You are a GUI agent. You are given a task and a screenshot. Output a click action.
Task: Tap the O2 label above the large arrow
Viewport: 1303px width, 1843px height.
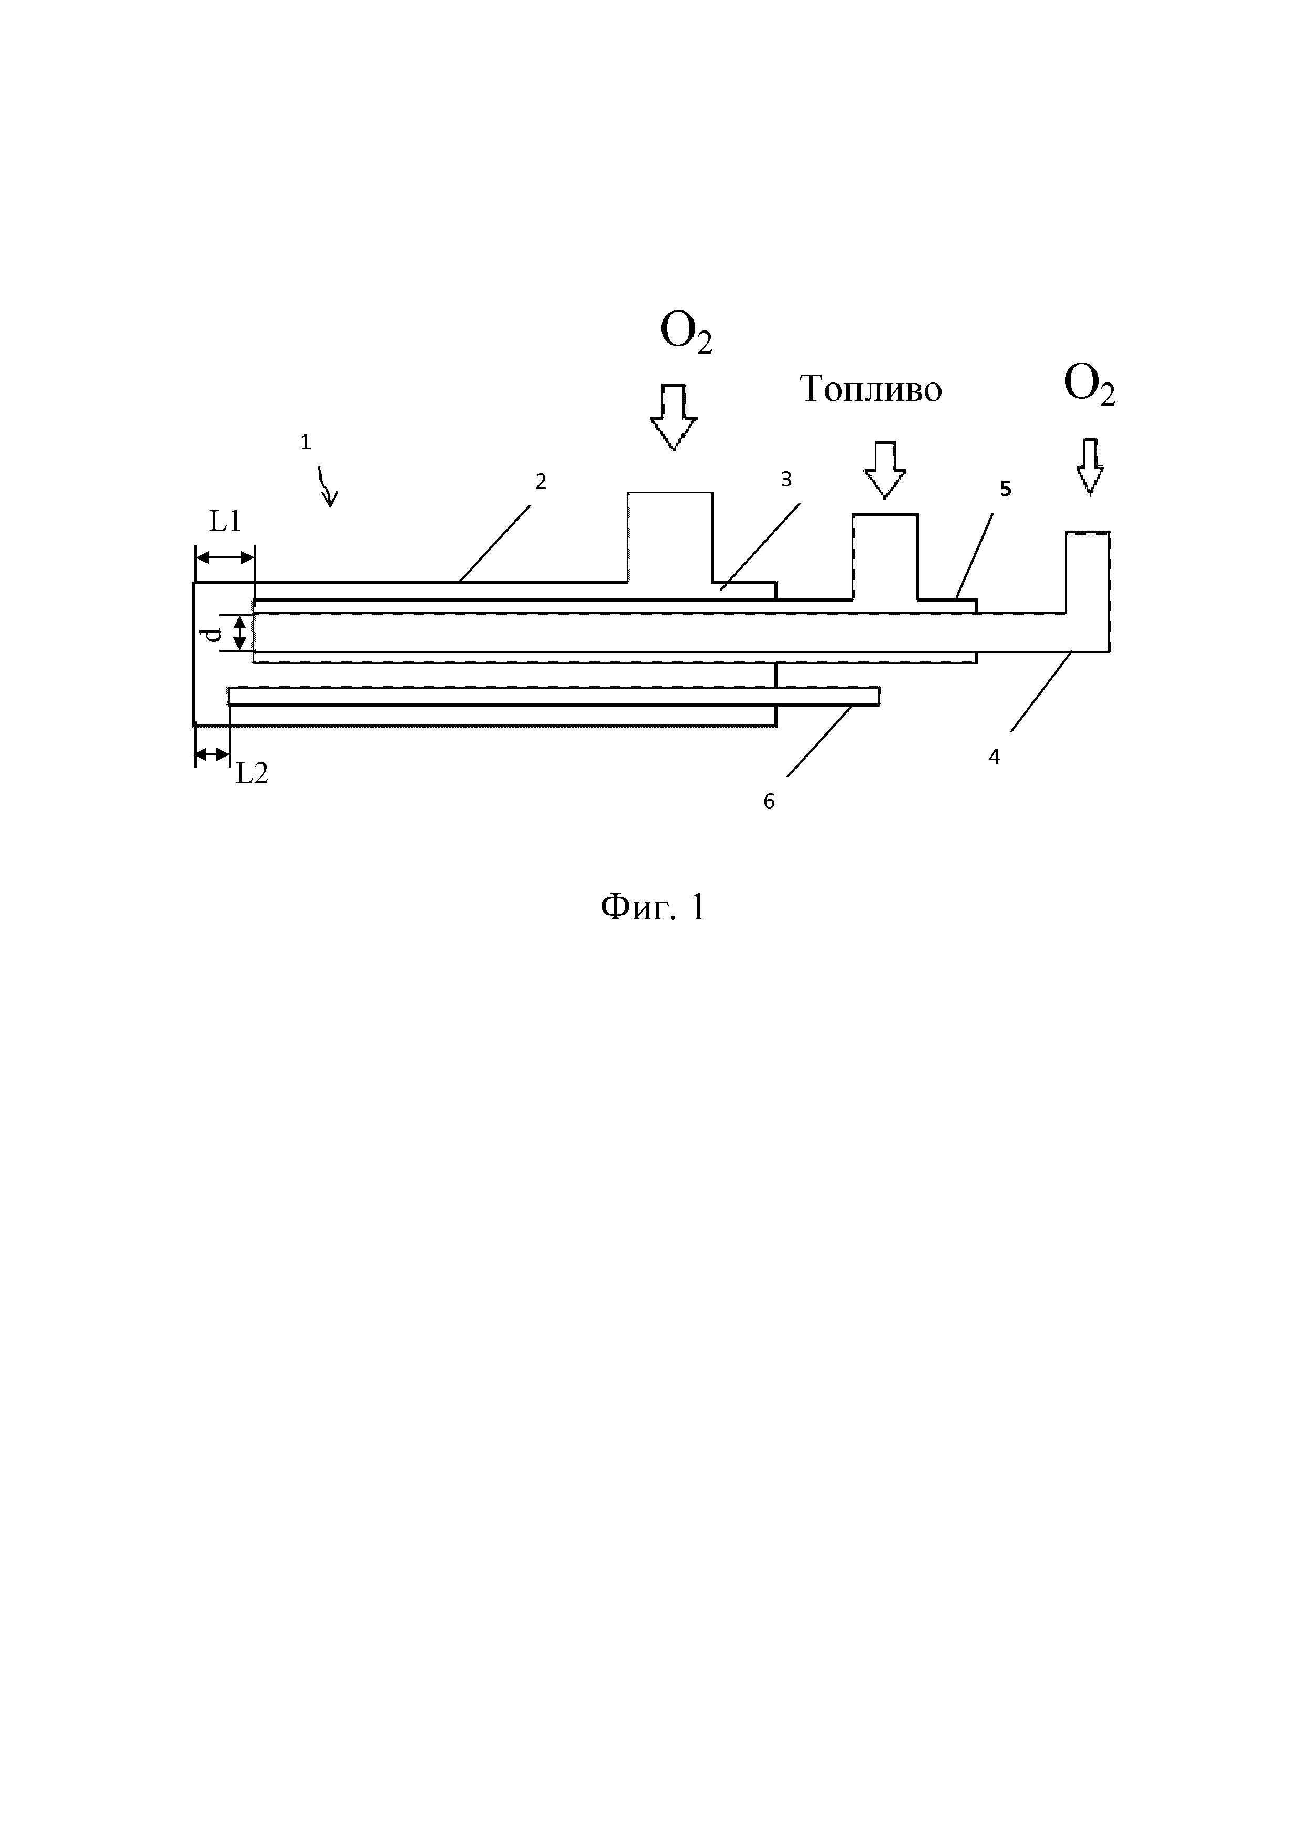click(686, 333)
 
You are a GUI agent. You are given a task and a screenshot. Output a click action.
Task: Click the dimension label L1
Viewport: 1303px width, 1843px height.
click(225, 522)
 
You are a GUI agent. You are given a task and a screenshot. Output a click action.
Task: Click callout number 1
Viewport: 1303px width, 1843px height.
click(305, 441)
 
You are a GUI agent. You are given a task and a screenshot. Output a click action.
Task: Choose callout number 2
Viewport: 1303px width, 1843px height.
click(541, 482)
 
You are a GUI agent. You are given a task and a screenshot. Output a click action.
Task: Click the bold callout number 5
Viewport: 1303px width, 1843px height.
click(1005, 490)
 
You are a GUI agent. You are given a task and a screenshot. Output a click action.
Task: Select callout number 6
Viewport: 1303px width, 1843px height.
click(769, 801)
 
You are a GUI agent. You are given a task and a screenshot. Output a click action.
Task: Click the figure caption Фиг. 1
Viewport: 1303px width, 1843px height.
click(653, 908)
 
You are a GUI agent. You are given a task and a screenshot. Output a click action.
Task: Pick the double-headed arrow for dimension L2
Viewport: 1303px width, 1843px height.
click(212, 754)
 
